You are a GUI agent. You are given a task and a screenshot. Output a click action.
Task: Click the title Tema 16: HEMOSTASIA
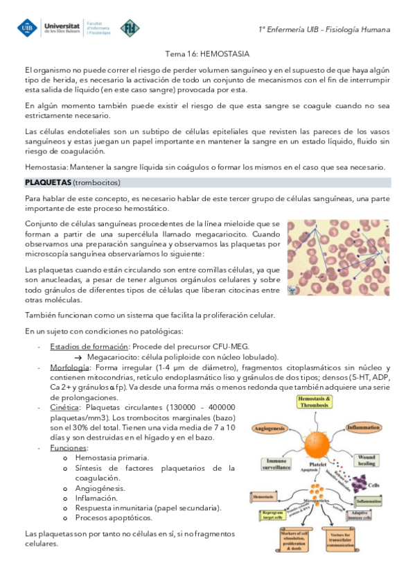[207, 53]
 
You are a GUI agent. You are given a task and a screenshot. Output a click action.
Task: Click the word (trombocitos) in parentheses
[98, 182]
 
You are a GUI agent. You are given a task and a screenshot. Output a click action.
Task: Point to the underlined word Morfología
[69, 367]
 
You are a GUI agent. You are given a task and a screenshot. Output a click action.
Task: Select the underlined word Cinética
[64, 408]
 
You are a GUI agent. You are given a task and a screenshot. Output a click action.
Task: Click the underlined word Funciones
[69, 448]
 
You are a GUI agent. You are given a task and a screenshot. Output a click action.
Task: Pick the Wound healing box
[367, 460]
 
